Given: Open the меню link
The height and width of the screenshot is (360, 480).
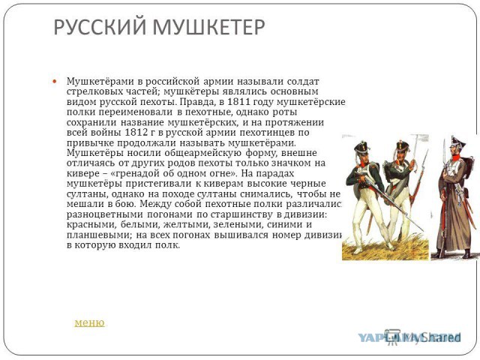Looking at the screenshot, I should click(x=89, y=322).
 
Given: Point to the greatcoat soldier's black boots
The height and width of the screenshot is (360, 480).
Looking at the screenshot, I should click(x=453, y=253).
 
